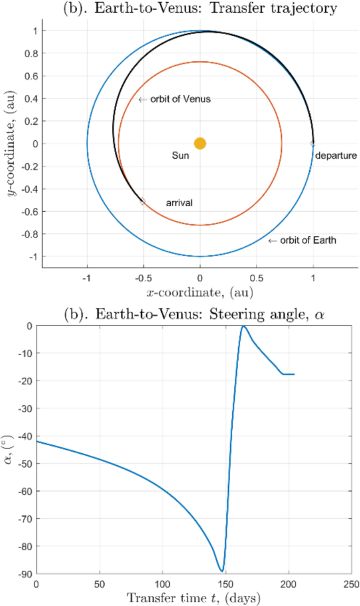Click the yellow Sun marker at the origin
[200, 143]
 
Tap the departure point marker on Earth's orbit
[313, 143]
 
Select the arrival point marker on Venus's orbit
[142, 201]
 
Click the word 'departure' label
[336, 155]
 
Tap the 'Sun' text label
[180, 156]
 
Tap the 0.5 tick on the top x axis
[256, 277]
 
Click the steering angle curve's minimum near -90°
[222, 571]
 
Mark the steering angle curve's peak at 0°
[243, 326]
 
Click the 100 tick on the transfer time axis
[162, 584]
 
